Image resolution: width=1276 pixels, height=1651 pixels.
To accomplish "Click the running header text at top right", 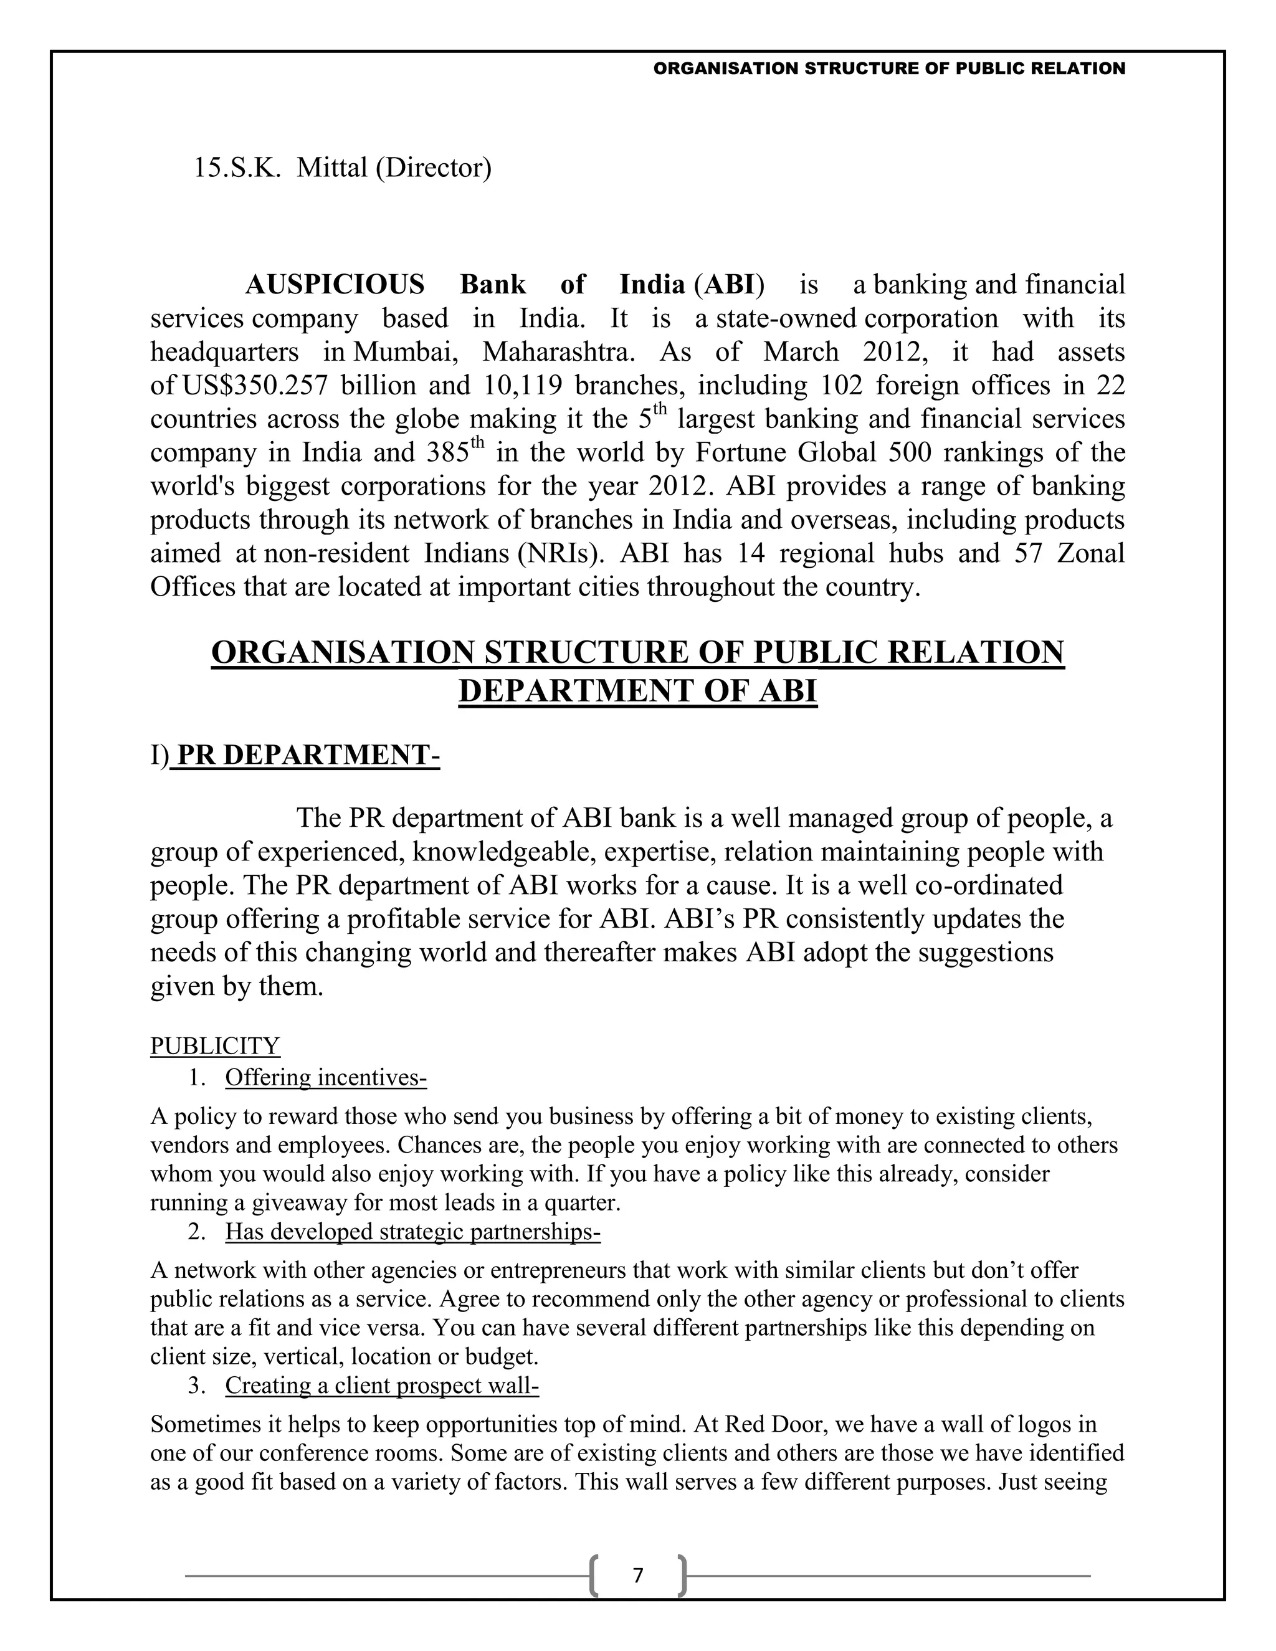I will tap(889, 69).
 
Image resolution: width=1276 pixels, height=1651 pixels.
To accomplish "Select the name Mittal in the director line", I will tap(332, 168).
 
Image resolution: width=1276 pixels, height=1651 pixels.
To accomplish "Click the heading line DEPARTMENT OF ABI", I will tap(637, 691).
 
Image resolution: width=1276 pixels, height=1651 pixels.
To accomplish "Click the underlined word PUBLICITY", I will tap(215, 1045).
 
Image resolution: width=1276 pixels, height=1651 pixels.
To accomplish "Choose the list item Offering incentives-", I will tap(326, 1077).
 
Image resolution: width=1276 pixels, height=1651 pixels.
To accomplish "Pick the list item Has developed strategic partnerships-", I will tap(412, 1232).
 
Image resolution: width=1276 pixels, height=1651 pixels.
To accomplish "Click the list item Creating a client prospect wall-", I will tap(382, 1385).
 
